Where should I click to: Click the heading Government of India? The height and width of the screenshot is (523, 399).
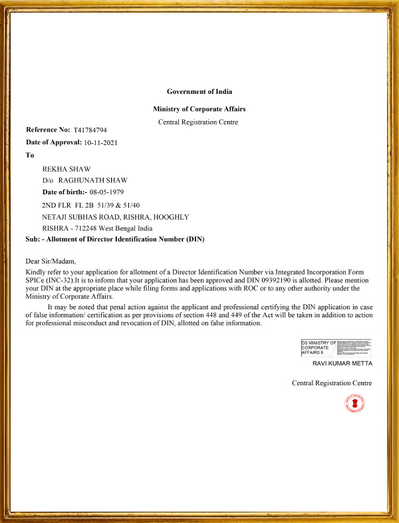199,91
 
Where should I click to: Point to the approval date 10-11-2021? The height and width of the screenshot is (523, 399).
102,142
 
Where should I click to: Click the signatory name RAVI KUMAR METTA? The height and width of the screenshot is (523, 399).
342,364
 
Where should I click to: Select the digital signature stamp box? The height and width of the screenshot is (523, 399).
336,347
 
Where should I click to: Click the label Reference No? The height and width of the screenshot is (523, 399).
48,130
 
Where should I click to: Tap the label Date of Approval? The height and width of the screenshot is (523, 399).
53,142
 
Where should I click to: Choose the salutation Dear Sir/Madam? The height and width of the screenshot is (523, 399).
51,261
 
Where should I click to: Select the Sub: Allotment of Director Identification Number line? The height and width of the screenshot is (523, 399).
114,239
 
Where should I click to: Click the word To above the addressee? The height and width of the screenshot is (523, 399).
29,155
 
